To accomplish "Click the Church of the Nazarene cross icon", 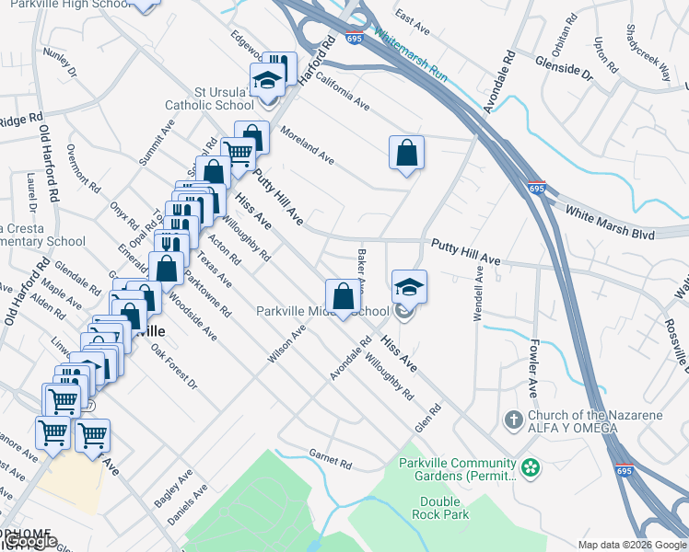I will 514,420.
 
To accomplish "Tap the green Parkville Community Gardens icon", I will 530,468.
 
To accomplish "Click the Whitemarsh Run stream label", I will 411,58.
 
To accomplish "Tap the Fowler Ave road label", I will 532,366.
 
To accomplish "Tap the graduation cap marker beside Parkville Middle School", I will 409,286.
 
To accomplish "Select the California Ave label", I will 342,92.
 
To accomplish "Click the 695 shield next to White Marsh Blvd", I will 537,189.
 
